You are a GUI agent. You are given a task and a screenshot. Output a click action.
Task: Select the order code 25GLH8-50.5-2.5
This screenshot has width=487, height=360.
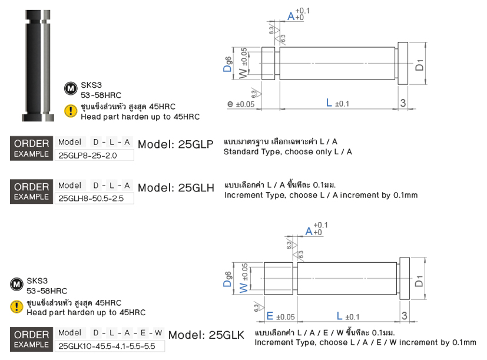[x=91, y=199]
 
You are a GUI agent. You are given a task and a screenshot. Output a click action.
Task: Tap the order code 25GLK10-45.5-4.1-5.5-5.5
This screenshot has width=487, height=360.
[x=107, y=346]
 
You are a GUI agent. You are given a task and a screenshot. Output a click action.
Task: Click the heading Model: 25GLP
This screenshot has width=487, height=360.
[x=175, y=145]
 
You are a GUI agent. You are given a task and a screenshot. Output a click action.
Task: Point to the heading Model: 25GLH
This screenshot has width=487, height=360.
[x=175, y=188]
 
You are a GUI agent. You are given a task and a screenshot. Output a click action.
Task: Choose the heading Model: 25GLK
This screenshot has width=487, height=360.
[x=206, y=335]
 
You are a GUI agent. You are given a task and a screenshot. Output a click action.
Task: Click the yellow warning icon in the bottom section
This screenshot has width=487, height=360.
[x=16, y=306]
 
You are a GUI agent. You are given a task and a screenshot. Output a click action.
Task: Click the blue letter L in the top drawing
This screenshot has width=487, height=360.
[x=329, y=103]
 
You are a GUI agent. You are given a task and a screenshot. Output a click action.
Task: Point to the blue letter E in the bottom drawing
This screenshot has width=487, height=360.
[x=270, y=316]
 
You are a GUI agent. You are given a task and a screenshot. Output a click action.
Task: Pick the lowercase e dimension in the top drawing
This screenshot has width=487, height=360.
[x=230, y=104]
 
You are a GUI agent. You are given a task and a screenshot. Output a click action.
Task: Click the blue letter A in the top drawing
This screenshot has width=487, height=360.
[x=290, y=16]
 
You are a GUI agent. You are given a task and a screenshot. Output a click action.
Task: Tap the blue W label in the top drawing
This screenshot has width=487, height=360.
[x=242, y=73]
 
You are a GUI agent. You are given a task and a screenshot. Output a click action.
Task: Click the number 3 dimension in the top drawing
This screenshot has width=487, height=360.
[x=403, y=103]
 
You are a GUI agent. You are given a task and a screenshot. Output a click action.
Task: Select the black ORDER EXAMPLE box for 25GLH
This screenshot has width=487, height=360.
[x=31, y=191]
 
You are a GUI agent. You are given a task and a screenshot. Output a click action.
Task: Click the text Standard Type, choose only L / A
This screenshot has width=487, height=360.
[x=287, y=152]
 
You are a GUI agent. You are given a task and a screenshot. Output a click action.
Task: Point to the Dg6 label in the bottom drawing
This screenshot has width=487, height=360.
[x=227, y=279]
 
